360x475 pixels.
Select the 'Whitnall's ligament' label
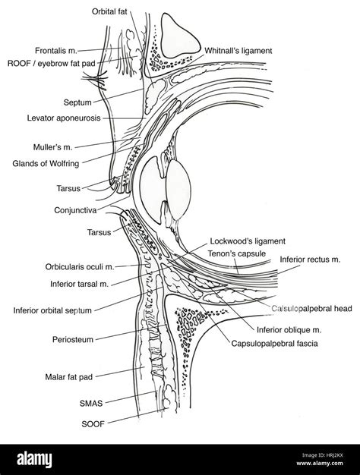click(238, 50)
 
